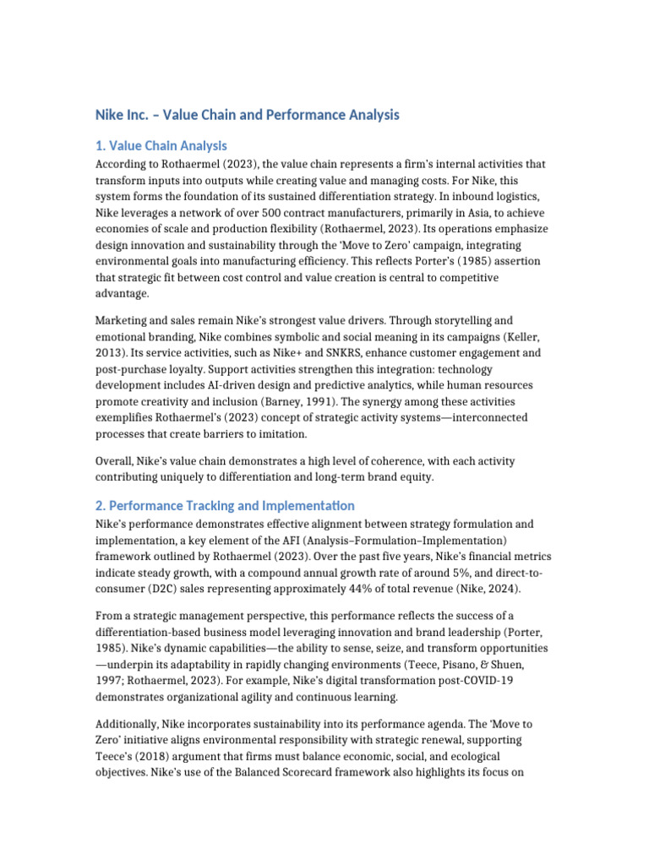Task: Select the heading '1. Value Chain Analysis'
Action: (x=161, y=145)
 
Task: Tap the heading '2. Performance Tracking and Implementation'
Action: (x=224, y=505)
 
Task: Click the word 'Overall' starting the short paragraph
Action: (x=116, y=462)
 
